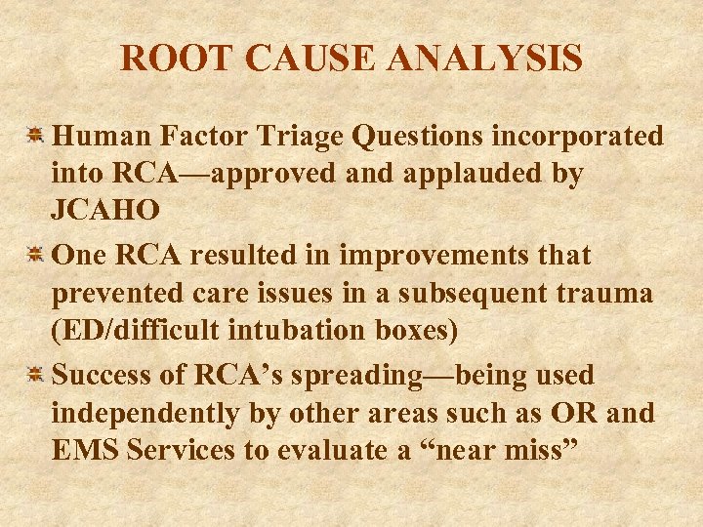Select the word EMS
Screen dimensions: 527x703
point(81,451)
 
